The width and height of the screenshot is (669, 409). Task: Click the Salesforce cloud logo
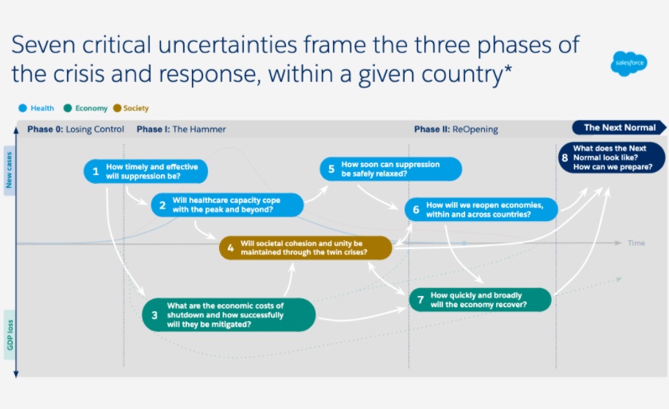tap(629, 64)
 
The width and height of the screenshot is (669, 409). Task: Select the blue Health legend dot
tap(22, 108)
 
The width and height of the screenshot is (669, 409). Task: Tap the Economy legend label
tap(92, 108)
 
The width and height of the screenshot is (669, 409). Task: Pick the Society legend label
tap(135, 108)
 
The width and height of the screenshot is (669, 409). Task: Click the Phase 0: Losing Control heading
tap(76, 129)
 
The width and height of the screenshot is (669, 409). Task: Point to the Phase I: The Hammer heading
tap(181, 129)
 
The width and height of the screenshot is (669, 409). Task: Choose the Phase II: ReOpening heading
tap(456, 129)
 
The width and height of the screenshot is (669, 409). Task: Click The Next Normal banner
tap(619, 127)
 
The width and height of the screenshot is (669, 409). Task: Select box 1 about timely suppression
tap(146, 171)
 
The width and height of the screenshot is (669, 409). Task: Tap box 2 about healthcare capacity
tap(227, 204)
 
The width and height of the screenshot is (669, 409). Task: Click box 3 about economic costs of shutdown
tap(229, 315)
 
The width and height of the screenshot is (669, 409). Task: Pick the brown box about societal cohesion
tap(306, 247)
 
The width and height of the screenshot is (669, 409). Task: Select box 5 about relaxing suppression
tap(390, 169)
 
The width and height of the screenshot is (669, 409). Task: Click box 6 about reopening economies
tap(481, 209)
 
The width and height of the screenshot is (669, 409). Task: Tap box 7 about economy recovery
tap(480, 300)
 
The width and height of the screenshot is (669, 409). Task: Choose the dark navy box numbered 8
tap(612, 158)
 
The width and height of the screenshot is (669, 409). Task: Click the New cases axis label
tap(10, 170)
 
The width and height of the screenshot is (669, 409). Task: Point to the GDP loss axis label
tap(10, 335)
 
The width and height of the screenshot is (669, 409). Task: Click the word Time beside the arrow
tap(636, 243)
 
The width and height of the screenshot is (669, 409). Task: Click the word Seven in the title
tap(43, 45)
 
